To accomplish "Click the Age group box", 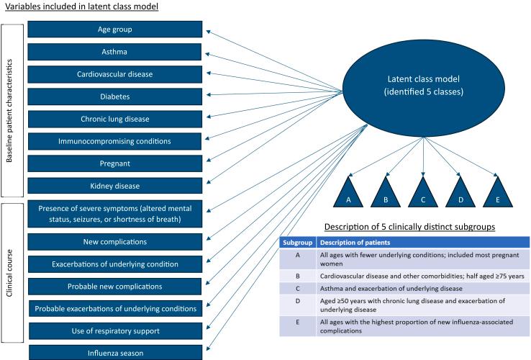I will (115, 30).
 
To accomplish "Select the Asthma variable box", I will (115, 52).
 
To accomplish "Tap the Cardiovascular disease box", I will (115, 74).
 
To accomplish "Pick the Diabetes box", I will (115, 96).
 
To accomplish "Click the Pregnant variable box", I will (115, 163).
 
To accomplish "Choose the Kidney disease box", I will (115, 186).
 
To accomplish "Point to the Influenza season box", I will (115, 353).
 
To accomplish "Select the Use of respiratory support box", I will (115, 330).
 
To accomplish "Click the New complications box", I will (115, 241).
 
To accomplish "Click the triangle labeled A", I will (348, 192).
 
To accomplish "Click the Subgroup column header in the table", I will (297, 242).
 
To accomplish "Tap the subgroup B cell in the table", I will (297, 274).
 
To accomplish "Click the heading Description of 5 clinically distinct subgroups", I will (409, 227).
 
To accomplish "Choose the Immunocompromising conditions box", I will (115, 141).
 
